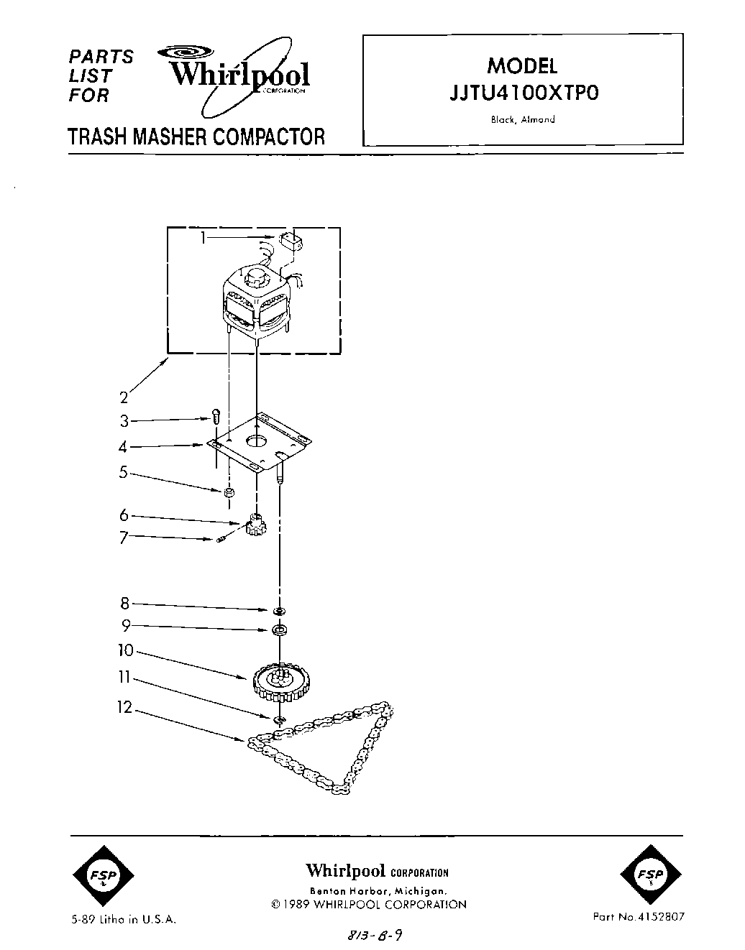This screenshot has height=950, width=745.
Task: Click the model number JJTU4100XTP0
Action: click(x=523, y=95)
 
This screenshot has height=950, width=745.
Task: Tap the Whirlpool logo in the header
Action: click(x=237, y=75)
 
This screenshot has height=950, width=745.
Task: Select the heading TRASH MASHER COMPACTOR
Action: click(x=196, y=137)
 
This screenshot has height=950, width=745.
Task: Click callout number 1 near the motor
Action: click(x=204, y=236)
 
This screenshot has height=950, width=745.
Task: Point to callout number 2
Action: click(x=124, y=397)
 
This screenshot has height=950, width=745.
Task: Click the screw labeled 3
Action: click(x=215, y=416)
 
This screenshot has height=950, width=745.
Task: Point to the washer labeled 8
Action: click(x=279, y=610)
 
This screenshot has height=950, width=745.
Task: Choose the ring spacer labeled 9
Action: click(x=279, y=631)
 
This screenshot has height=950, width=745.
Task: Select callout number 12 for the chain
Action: click(x=124, y=709)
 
